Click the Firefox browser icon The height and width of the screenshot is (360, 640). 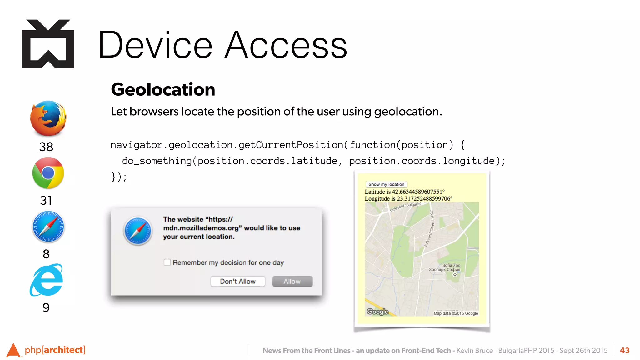click(x=48, y=118)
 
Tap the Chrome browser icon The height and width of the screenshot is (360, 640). click(x=48, y=173)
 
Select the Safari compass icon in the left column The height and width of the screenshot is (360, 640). click(x=48, y=227)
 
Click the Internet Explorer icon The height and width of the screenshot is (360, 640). click(x=47, y=280)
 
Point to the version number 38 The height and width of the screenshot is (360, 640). click(x=46, y=147)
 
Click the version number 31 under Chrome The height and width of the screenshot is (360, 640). click(x=46, y=200)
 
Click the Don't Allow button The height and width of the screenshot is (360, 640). click(x=238, y=281)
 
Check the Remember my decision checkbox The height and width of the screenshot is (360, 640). click(x=167, y=262)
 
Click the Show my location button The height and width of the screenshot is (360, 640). click(x=386, y=184)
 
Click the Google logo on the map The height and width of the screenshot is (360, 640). click(x=377, y=312)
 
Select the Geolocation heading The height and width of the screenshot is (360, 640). click(x=163, y=89)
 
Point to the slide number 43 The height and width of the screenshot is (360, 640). click(x=624, y=350)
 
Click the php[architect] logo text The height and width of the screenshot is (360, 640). click(x=55, y=350)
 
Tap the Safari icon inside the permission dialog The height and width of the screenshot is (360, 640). click(x=138, y=231)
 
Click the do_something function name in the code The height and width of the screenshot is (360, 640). click(x=157, y=161)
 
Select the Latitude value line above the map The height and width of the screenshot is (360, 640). click(x=404, y=192)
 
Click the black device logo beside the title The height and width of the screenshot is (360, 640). click(x=48, y=44)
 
